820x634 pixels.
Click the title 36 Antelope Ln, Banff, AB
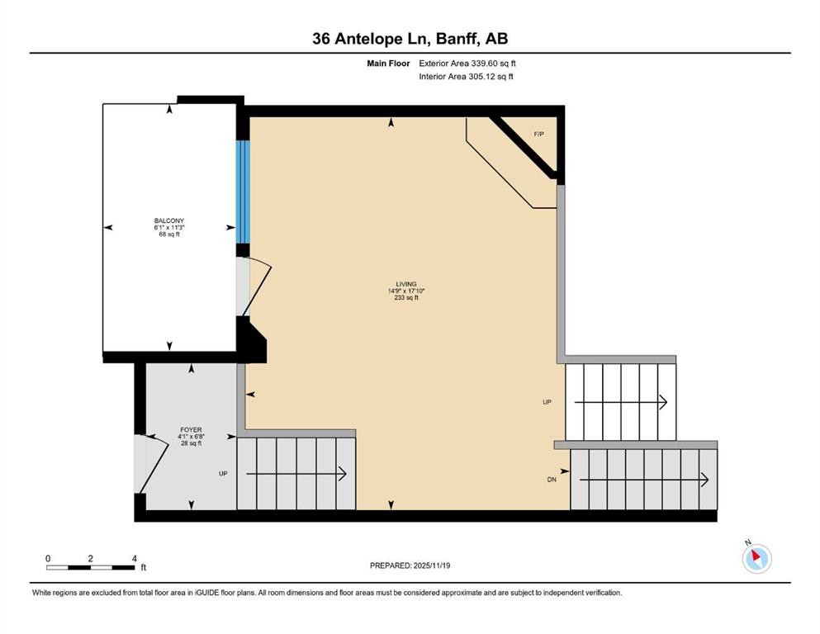tap(410, 38)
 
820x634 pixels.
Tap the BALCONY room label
tap(168, 220)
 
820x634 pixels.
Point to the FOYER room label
tap(191, 430)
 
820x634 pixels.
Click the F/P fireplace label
tap(539, 134)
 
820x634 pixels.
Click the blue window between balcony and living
tap(243, 192)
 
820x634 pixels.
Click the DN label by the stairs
tap(552, 480)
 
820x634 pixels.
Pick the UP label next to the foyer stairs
tap(223, 474)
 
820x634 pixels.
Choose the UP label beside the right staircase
tap(547, 402)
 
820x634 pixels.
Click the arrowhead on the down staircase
tap(704, 480)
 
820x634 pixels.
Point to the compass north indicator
tap(756, 558)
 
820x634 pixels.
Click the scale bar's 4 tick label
tap(134, 558)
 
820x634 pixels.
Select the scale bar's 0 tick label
tap(48, 558)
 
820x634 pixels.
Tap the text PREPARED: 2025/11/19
tap(410, 565)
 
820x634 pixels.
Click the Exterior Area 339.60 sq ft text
tap(472, 63)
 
